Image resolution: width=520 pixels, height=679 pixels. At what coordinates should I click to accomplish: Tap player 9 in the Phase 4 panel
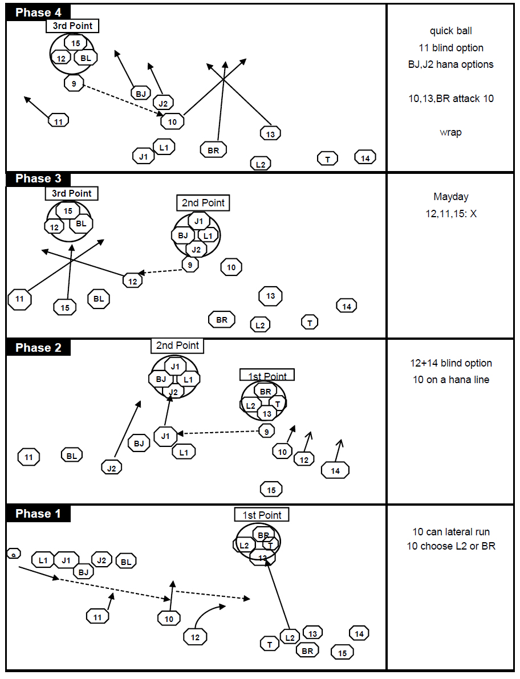pos(74,83)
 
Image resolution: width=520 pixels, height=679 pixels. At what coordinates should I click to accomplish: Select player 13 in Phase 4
pos(270,133)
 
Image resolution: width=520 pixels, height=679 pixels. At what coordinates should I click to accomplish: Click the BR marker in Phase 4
pos(213,150)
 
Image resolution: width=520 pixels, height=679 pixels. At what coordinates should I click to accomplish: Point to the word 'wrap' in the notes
pos(450,132)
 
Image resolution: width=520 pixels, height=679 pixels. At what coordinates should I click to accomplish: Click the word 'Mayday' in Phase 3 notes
pos(450,197)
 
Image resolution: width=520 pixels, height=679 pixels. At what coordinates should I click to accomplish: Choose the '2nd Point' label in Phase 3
pos(203,203)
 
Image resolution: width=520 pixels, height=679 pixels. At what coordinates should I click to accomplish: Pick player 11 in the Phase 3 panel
pos(20,299)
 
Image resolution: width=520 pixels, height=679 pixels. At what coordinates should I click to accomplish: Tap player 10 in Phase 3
pos(231,267)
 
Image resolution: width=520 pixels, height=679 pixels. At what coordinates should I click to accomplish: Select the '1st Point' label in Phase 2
pos(267,376)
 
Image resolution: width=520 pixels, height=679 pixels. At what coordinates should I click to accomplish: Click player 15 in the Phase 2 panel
pos(271,489)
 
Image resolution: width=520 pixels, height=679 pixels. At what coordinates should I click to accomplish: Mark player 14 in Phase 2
pos(335,470)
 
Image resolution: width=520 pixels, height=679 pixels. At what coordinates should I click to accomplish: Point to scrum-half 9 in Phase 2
pos(266,432)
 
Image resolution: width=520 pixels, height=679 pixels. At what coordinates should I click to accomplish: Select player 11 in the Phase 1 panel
pos(97,616)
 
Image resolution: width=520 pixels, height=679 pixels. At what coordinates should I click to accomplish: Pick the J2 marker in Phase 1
pos(101,560)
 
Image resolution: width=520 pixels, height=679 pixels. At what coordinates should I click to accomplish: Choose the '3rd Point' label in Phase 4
pos(72,26)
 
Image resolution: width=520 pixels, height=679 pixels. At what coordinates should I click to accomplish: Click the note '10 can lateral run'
pos(450,532)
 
